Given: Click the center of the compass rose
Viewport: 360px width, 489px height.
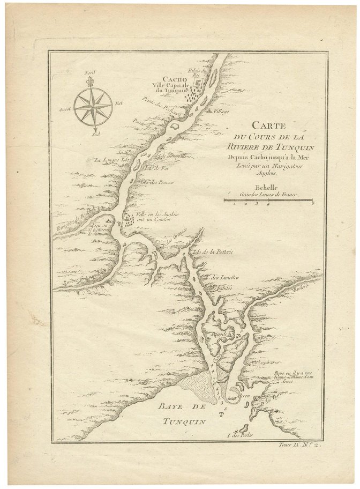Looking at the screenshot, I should [x=93, y=105].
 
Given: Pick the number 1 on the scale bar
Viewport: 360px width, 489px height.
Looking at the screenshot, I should [x=234, y=204].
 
